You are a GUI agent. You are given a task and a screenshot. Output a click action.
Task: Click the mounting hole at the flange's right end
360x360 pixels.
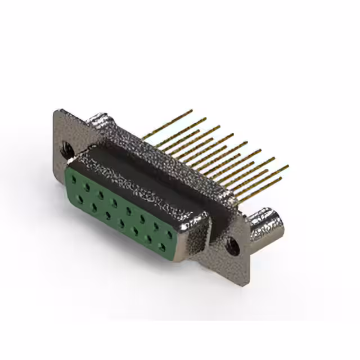(231, 245)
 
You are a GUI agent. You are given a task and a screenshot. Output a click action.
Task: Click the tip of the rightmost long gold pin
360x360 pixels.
(287, 166)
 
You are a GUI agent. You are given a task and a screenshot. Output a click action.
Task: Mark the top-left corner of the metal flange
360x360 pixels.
(56, 111)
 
